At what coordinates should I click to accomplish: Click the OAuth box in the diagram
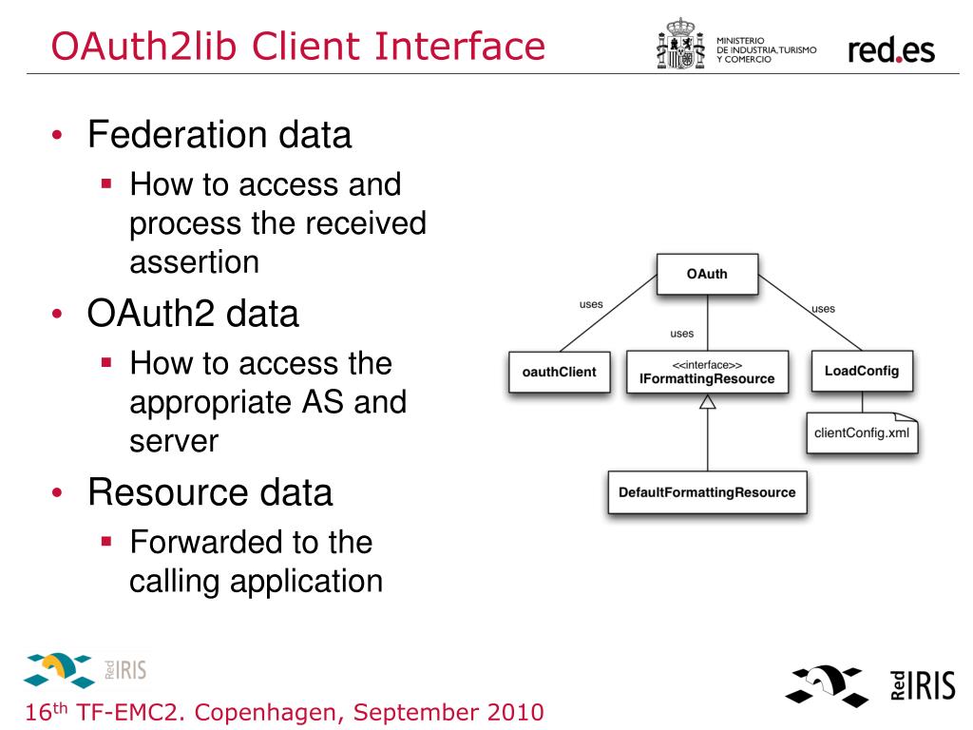(707, 275)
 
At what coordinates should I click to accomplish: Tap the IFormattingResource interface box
(707, 372)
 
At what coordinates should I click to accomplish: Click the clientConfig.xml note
(862, 432)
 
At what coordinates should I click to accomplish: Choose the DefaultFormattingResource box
(707, 492)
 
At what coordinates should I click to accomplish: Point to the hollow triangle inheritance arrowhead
(707, 402)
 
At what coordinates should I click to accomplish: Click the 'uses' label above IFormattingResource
(681, 334)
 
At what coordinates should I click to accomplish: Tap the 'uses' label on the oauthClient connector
(591, 304)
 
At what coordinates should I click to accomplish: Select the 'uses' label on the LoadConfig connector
(823, 308)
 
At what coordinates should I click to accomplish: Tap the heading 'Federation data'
(219, 135)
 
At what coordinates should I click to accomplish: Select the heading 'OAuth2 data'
(193, 314)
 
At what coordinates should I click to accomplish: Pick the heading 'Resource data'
(210, 492)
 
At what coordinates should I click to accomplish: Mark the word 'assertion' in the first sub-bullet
(194, 260)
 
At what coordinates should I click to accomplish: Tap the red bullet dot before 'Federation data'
(59, 136)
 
